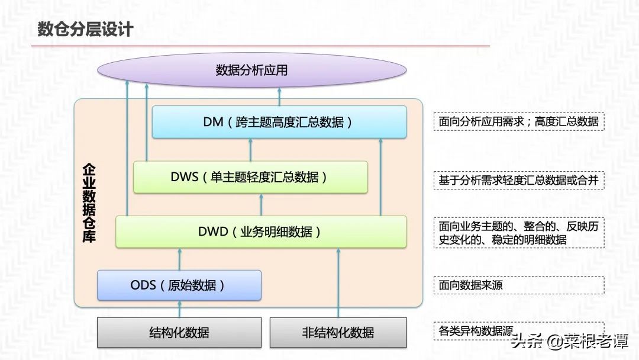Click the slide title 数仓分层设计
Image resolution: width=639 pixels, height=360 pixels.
[86, 29]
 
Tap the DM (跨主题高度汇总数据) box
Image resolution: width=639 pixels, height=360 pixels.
[279, 122]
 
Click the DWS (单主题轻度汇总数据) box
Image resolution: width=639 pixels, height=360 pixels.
[250, 176]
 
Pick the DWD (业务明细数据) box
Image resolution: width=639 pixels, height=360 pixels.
[261, 232]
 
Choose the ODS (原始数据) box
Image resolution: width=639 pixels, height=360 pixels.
[179, 285]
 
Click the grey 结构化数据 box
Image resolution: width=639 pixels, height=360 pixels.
[179, 332]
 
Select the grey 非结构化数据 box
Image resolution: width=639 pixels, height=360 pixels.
[338, 332]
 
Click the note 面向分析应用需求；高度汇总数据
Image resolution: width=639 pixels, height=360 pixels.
[518, 122]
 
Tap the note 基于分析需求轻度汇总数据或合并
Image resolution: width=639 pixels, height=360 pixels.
[518, 181]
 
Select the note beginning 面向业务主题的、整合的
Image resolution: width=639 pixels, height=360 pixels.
[518, 233]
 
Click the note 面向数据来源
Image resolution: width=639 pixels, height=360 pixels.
[471, 285]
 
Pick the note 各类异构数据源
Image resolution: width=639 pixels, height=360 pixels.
[476, 330]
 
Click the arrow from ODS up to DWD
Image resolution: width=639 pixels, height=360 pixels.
[179, 259]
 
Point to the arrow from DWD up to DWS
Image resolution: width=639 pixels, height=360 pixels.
[261, 205]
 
